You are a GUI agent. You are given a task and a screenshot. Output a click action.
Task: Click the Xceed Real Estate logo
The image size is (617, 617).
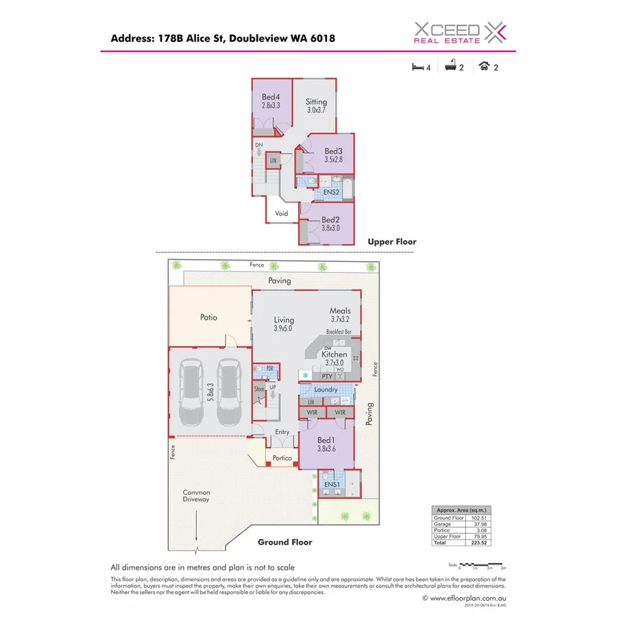pyautogui.click(x=459, y=32)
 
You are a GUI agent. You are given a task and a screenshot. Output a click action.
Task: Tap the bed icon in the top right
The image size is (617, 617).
pyautogui.click(x=415, y=67)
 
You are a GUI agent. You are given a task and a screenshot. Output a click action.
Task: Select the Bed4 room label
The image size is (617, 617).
pyautogui.click(x=271, y=97)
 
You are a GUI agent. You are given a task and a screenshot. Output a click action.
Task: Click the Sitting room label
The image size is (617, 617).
pyautogui.click(x=316, y=101)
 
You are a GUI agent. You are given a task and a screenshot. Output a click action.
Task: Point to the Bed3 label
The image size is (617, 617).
pyautogui.click(x=333, y=151)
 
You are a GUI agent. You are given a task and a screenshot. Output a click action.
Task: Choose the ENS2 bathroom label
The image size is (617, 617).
pyautogui.click(x=332, y=193)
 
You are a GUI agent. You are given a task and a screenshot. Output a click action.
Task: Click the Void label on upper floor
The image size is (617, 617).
pyautogui.click(x=282, y=213)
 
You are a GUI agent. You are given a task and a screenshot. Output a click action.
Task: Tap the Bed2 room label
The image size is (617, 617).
pyautogui.click(x=331, y=220)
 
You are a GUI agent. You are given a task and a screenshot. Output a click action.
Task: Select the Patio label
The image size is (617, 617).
pyautogui.click(x=208, y=317)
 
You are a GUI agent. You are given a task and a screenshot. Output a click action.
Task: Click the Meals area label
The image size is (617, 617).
pyautogui.click(x=340, y=311)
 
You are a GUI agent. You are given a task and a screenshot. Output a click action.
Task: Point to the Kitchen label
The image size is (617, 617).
pyautogui.click(x=335, y=354)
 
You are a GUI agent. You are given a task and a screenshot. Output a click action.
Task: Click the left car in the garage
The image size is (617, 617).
pyautogui.click(x=191, y=395)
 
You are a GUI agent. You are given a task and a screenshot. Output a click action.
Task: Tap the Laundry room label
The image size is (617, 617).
pyautogui.click(x=326, y=389)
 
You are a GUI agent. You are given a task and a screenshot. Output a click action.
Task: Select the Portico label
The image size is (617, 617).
pyautogui.click(x=282, y=458)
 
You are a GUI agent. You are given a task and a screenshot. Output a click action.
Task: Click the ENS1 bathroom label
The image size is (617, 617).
pyautogui.click(x=332, y=485)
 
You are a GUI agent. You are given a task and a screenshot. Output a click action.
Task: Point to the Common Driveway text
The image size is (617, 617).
pyautogui.click(x=196, y=496)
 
